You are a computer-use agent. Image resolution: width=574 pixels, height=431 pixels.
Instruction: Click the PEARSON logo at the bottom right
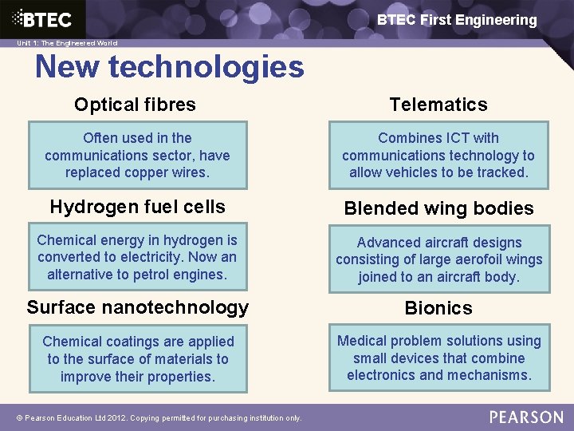tap(525, 417)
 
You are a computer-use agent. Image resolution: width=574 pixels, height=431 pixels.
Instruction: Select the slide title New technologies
tap(169, 66)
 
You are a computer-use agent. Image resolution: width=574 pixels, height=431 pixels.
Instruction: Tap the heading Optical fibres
tap(135, 105)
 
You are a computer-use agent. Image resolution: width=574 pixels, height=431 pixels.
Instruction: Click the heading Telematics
tap(438, 105)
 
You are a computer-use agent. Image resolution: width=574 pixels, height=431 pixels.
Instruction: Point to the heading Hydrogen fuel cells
tap(137, 207)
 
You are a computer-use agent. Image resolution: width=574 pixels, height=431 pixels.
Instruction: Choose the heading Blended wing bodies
tap(438, 208)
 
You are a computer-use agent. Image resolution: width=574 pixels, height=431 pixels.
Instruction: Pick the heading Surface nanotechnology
tap(137, 307)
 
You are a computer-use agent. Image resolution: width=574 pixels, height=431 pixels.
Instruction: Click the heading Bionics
tap(438, 308)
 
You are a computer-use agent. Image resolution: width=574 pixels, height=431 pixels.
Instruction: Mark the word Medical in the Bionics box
tap(363, 341)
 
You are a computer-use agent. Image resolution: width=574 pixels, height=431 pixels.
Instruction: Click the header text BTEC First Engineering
tap(457, 20)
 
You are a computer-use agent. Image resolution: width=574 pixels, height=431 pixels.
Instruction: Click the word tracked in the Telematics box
tap(502, 172)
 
